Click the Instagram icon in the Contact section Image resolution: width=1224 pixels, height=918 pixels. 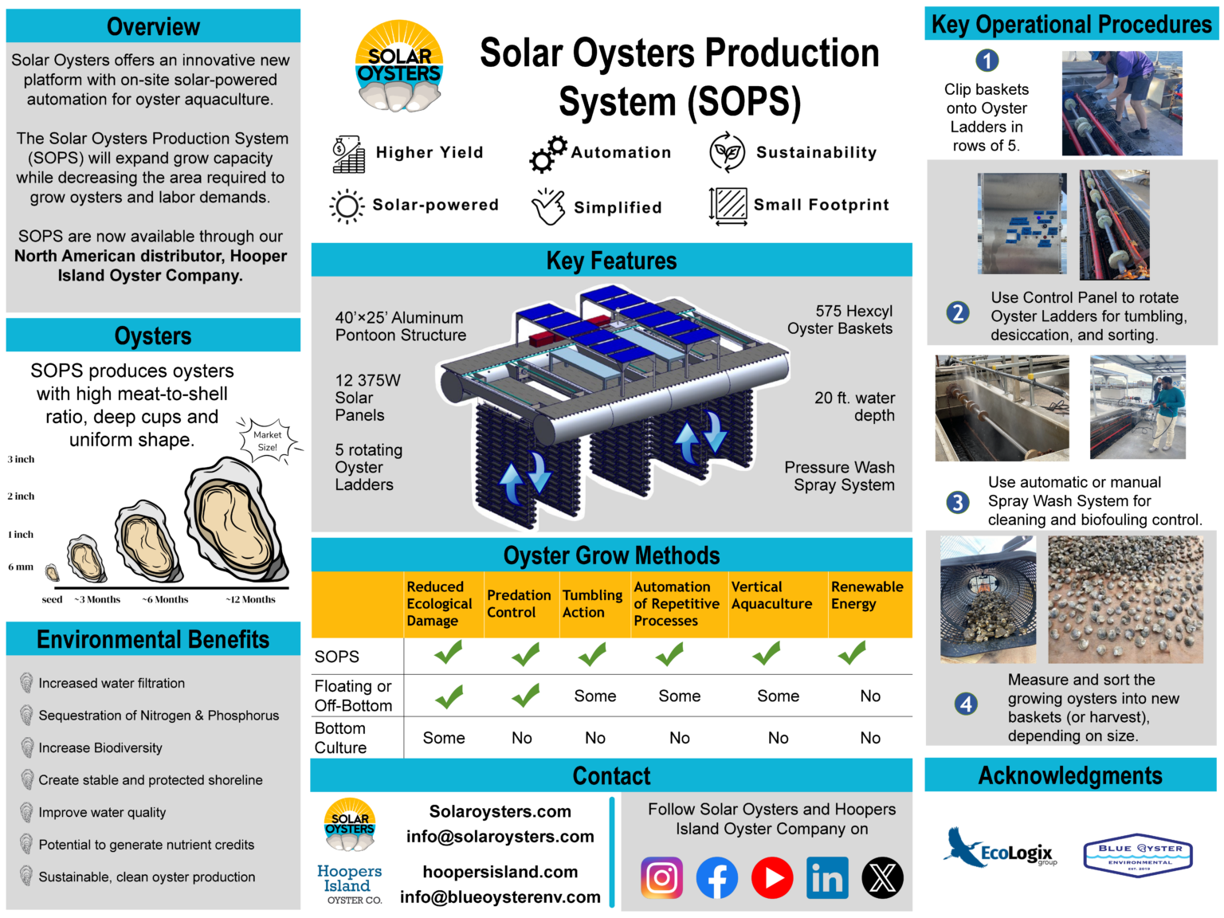(661, 877)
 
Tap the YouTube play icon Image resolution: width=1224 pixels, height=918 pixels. (772, 877)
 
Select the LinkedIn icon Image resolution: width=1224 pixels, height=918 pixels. (827, 877)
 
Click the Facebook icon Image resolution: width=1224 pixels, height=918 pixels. (717, 877)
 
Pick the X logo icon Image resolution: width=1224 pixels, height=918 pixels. (882, 877)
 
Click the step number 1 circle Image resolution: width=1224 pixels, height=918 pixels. (987, 61)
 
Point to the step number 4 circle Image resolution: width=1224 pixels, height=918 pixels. (966, 704)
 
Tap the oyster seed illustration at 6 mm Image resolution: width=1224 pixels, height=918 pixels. (53, 572)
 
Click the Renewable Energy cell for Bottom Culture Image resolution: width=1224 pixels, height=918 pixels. (870, 738)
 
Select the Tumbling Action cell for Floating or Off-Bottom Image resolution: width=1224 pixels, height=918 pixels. (595, 696)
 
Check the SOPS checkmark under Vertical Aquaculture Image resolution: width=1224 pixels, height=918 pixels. (767, 654)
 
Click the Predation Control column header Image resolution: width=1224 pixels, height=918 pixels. (519, 604)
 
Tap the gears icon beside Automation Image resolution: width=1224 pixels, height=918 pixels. (548, 154)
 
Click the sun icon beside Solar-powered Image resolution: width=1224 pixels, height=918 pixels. (347, 206)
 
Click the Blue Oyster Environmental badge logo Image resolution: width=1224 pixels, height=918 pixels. (1139, 855)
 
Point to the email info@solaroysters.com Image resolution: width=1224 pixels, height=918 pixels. (500, 837)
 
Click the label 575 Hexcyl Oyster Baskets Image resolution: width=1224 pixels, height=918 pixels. (840, 320)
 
